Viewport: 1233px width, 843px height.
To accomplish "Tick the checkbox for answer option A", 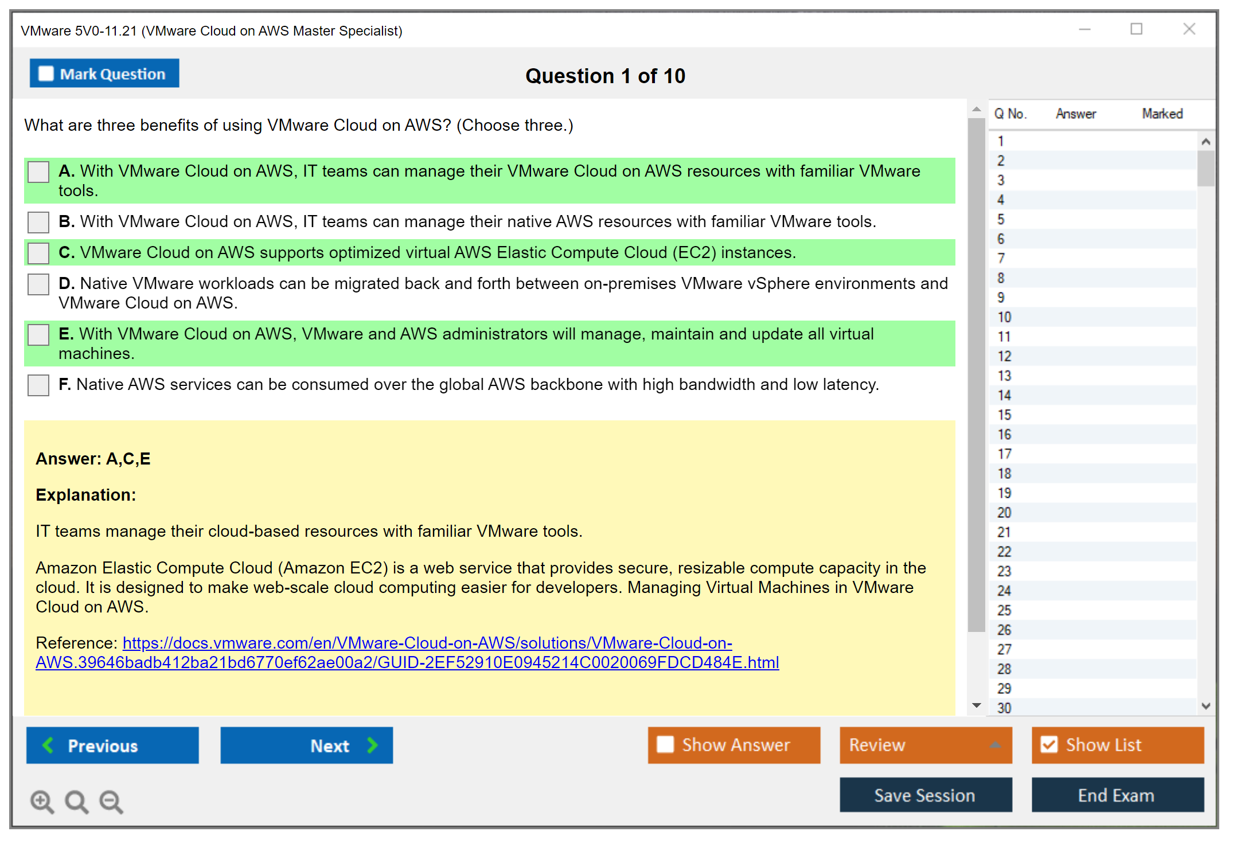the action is click(x=38, y=171).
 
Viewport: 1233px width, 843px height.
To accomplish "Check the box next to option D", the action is click(x=38, y=284).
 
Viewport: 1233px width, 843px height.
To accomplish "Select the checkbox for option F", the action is click(x=38, y=385).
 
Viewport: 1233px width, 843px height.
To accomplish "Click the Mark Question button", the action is click(x=104, y=73).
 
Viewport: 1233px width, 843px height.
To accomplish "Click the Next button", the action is click(x=307, y=745).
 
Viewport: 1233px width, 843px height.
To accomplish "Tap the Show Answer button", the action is click(x=734, y=745).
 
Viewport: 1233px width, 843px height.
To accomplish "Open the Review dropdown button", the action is click(x=926, y=745).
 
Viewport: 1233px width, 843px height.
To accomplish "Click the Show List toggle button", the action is click(x=1118, y=745).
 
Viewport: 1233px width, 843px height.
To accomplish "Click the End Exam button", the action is click(x=1118, y=795).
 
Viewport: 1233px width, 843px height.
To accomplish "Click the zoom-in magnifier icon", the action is click(x=42, y=801).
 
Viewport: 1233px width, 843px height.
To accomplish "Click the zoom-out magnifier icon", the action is click(x=111, y=801).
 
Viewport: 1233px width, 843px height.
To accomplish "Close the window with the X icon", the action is click(x=1189, y=29).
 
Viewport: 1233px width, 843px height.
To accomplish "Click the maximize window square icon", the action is click(x=1136, y=29).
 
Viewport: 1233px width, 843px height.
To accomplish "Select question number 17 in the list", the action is click(x=1004, y=454).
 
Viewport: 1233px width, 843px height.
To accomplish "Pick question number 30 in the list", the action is click(x=1004, y=708).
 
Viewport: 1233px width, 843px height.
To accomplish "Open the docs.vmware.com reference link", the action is click(x=407, y=653).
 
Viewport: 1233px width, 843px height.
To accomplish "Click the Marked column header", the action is click(x=1162, y=114).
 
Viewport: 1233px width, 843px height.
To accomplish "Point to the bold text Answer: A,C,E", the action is click(x=93, y=459).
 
